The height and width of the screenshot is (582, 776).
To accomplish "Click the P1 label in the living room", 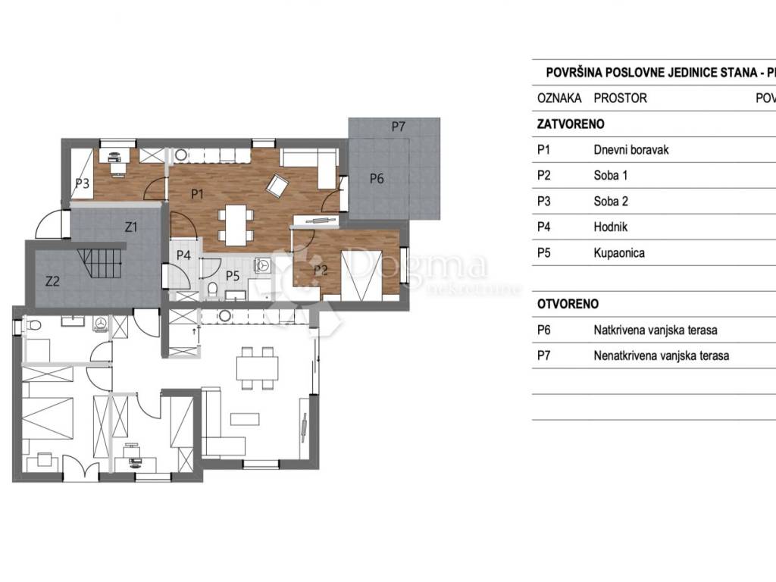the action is click(197, 194).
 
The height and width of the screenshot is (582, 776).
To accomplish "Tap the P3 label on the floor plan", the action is click(82, 183).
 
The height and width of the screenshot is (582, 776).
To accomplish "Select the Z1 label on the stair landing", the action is click(130, 227).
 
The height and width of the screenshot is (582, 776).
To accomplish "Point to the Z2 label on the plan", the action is click(52, 281).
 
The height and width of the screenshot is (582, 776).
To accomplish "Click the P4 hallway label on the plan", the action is click(183, 255).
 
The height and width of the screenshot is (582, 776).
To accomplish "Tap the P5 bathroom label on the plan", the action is click(233, 276).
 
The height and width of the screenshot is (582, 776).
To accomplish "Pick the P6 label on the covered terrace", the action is click(377, 179).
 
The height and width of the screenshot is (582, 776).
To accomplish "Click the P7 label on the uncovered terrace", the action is click(399, 127).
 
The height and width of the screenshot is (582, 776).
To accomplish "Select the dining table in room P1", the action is click(236, 225).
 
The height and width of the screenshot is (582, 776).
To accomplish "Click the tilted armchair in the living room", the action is click(277, 185).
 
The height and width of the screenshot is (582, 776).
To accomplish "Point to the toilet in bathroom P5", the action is click(212, 289).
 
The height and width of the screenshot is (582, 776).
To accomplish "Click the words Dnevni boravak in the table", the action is click(631, 150).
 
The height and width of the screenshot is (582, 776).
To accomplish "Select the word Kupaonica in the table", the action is click(619, 253).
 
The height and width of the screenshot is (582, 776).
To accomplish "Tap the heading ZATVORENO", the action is click(571, 124).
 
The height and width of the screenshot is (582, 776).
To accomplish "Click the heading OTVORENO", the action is click(568, 304).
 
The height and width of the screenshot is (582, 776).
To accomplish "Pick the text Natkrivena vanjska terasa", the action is click(656, 330).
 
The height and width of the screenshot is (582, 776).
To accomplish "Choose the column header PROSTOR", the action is click(620, 98).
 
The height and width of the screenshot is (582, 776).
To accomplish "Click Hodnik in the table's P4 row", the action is click(610, 227).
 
